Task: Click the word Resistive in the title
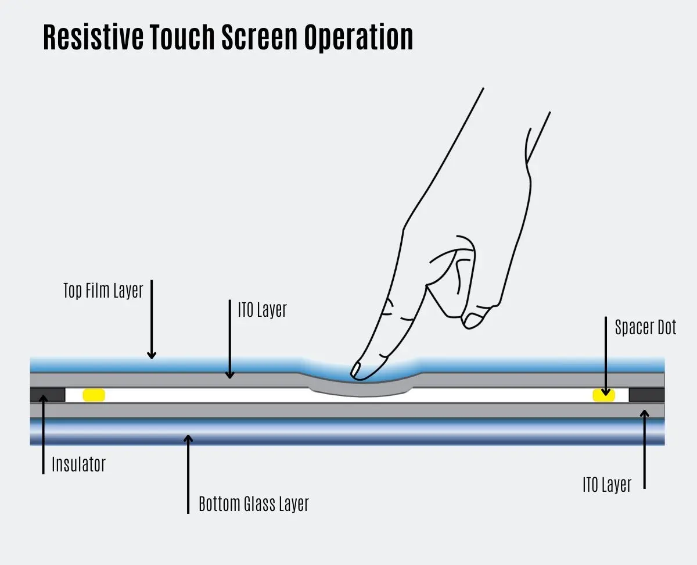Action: pos(94,37)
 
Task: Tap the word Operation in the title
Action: pos(358,38)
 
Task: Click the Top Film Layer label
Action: pos(103,291)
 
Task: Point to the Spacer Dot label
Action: pos(645,327)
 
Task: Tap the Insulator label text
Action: pos(78,464)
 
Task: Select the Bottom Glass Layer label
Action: pos(254,504)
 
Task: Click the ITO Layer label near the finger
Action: pos(262,310)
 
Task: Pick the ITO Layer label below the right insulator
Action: pos(607,485)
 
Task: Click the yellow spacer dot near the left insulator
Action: pos(94,395)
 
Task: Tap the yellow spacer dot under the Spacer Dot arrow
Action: pos(604,395)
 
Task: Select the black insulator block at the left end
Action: pos(48,395)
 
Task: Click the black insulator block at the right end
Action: pos(646,395)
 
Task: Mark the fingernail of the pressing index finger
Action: pos(355,370)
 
